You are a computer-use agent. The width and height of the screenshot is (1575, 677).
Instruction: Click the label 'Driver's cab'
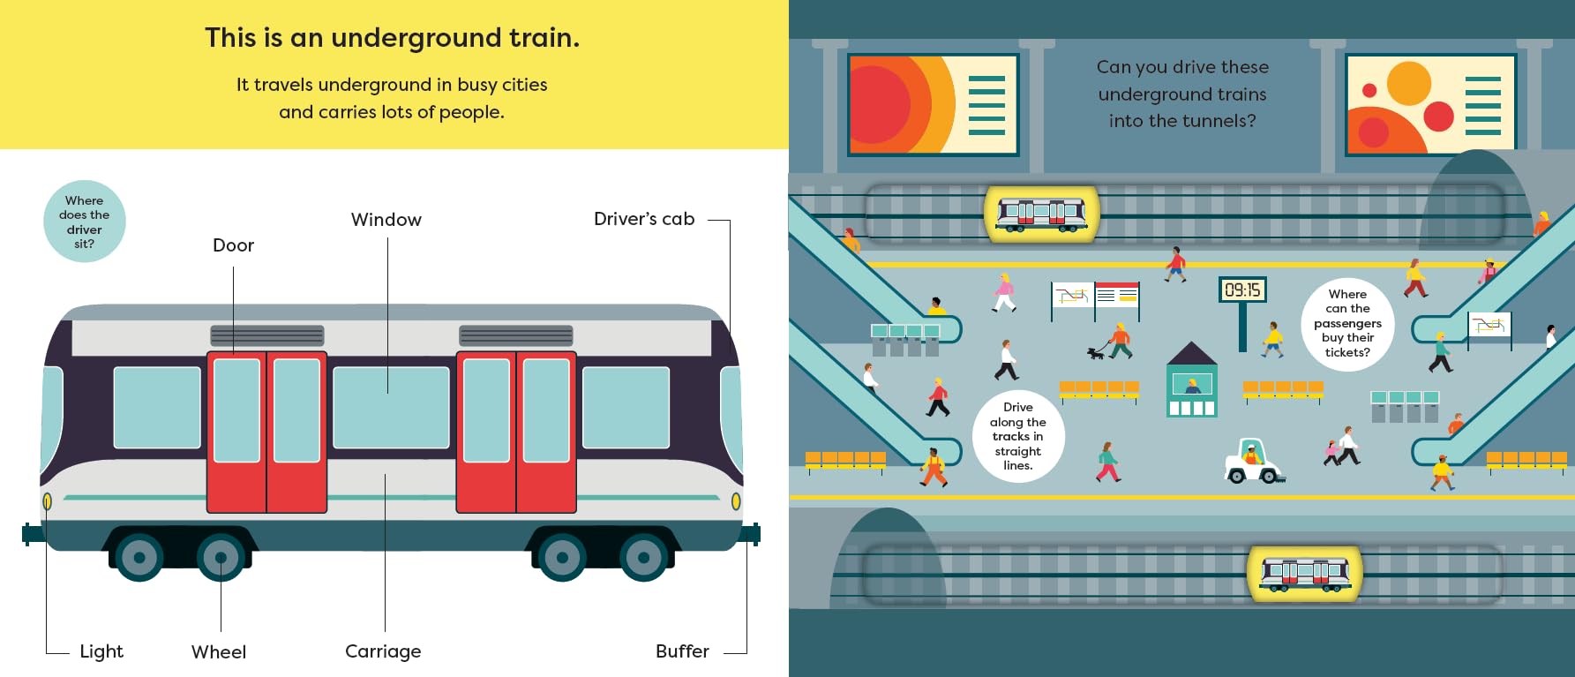tap(644, 219)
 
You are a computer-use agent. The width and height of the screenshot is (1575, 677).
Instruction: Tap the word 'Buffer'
tap(682, 651)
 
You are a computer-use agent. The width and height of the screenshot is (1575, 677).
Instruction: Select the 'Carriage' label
tap(383, 651)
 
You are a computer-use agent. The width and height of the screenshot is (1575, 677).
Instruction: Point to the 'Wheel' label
tap(219, 652)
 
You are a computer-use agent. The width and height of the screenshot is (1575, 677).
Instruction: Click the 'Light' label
tap(101, 651)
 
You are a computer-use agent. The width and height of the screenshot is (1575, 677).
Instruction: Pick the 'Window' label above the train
tap(386, 220)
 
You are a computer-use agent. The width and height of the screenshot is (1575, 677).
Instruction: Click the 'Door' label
tap(233, 245)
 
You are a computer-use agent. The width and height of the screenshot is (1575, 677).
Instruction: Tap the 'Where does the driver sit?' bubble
tap(85, 222)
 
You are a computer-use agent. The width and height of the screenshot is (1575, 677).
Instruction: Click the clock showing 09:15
tap(1242, 290)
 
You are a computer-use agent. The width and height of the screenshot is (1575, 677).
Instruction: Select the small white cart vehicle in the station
tap(1253, 462)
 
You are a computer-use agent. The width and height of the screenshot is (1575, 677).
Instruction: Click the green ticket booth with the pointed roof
tap(1192, 381)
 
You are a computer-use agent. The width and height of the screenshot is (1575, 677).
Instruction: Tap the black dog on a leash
tap(1096, 353)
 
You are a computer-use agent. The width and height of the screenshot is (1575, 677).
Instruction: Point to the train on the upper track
tap(1041, 214)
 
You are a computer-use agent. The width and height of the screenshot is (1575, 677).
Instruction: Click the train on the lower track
tap(1305, 573)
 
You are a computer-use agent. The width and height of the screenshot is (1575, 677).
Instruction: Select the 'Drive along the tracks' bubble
tap(1018, 436)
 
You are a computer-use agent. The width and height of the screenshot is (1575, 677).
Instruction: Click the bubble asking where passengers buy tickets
tap(1347, 323)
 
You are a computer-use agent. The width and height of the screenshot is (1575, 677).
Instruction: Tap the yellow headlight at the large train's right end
tap(736, 501)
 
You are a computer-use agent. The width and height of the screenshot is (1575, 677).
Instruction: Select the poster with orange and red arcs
tap(933, 104)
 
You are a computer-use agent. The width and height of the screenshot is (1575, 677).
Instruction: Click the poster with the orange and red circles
tap(1429, 104)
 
